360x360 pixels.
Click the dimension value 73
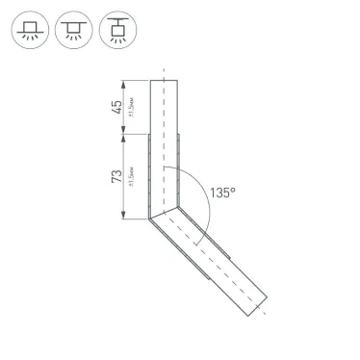pos(116,176)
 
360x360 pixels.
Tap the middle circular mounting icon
pos(73,32)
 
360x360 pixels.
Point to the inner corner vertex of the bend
pos(178,205)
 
